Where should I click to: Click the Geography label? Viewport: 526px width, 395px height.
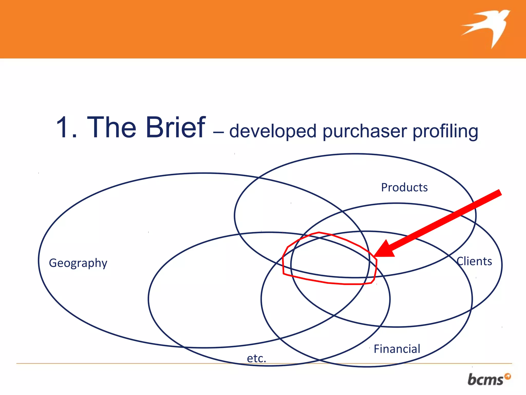click(x=78, y=263)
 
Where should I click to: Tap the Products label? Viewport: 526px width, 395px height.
click(x=404, y=187)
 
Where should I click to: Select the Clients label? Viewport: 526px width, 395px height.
click(x=474, y=261)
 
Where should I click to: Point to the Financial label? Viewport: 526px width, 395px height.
click(x=397, y=349)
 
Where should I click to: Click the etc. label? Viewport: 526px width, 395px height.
click(x=256, y=358)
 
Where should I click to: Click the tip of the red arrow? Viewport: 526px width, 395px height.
click(x=375, y=256)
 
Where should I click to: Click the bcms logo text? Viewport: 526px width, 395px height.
click(x=485, y=380)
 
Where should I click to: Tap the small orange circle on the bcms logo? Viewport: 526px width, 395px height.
click(x=508, y=376)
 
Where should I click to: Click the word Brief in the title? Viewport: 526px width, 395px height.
click(x=176, y=127)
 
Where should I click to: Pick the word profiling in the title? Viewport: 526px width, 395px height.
click(x=445, y=131)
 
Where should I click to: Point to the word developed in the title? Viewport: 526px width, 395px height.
click(x=273, y=131)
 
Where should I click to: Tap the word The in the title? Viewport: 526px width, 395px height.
click(x=111, y=127)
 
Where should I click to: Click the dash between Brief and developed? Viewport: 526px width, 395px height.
click(x=218, y=133)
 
